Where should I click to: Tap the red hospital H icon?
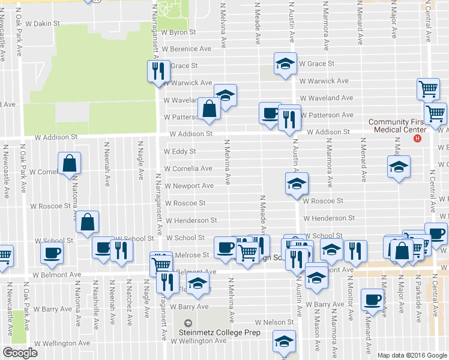click(418, 138)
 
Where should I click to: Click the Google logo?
click(20, 353)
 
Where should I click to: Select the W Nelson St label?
click(274, 322)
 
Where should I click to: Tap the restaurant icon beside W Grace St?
click(156, 71)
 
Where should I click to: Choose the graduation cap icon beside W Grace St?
click(286, 63)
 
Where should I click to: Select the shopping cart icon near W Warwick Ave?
click(428, 89)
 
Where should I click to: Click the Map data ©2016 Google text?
click(412, 355)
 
